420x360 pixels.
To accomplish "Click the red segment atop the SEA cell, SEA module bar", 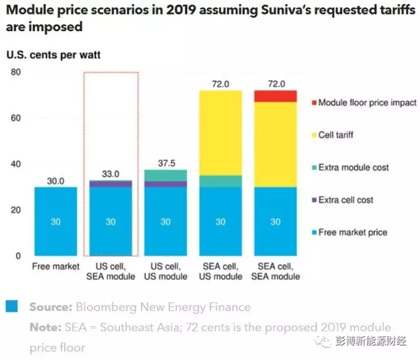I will tap(275, 97).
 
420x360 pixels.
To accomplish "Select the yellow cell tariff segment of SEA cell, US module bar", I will tap(220, 132).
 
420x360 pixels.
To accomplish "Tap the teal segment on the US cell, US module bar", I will tap(165, 175).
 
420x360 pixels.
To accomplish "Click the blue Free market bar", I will tap(56, 221).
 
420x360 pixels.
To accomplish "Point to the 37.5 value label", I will tap(165, 163).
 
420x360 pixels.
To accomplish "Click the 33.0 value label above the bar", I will tap(110, 174).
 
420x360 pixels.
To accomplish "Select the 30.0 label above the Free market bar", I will tap(56, 180).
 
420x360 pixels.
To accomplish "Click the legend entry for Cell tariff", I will tap(335, 135).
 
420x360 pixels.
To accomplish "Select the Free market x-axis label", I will tap(56, 267).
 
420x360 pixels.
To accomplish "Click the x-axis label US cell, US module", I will tap(165, 272).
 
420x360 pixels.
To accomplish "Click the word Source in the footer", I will tap(50, 307).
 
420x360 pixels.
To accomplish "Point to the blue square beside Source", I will tap(11, 306).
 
